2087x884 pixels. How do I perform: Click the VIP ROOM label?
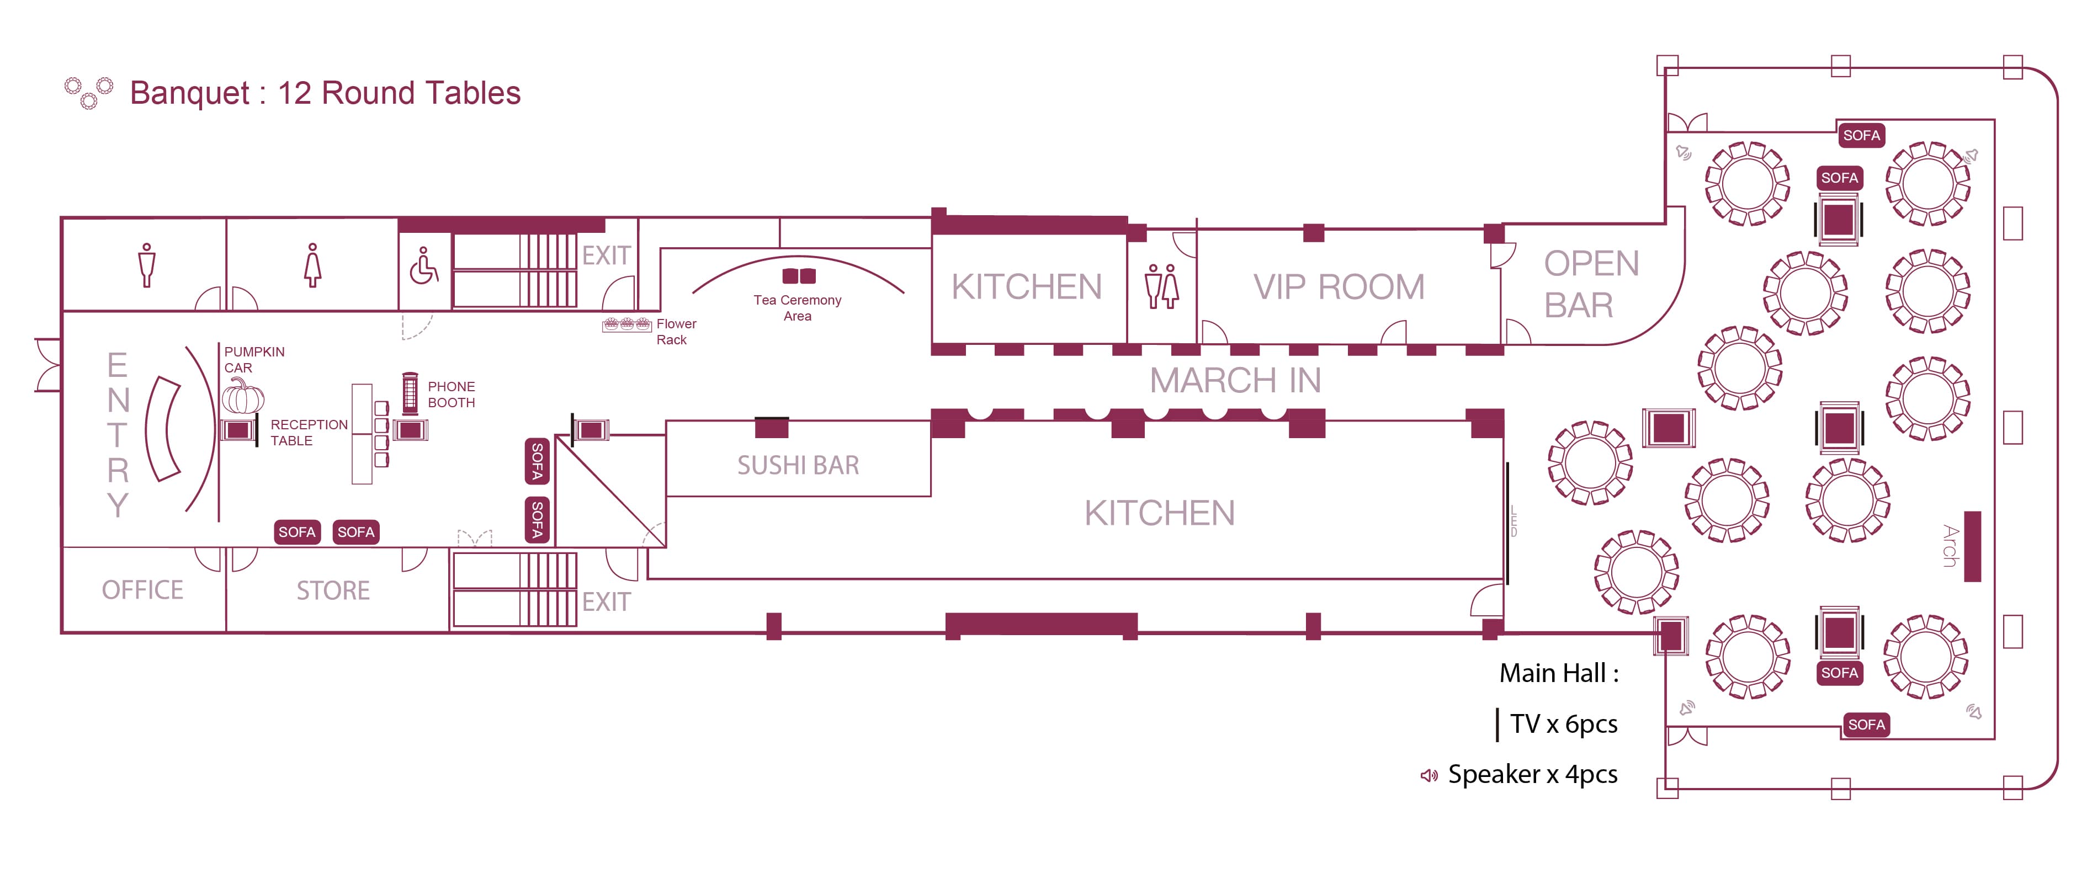[x=1339, y=287]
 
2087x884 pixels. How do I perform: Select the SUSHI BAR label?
[x=798, y=465]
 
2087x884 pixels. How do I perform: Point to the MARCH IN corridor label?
[x=1235, y=380]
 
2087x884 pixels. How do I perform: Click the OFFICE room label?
[x=142, y=590]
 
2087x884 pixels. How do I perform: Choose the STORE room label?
[x=333, y=590]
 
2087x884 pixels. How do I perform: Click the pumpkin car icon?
[x=243, y=396]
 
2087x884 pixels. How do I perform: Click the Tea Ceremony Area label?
[x=797, y=308]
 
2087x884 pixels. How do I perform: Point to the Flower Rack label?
[x=676, y=332]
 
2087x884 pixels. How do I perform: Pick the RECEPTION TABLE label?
[x=309, y=433]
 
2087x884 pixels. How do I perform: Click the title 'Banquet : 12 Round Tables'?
[x=325, y=93]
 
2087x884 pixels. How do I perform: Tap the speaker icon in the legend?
[x=1429, y=775]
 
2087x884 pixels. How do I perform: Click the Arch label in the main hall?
[x=1951, y=545]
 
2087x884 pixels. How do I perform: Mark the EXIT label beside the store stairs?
[x=606, y=602]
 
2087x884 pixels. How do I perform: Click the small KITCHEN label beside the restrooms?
[x=1027, y=287]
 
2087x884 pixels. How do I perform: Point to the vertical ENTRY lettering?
[x=118, y=434]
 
